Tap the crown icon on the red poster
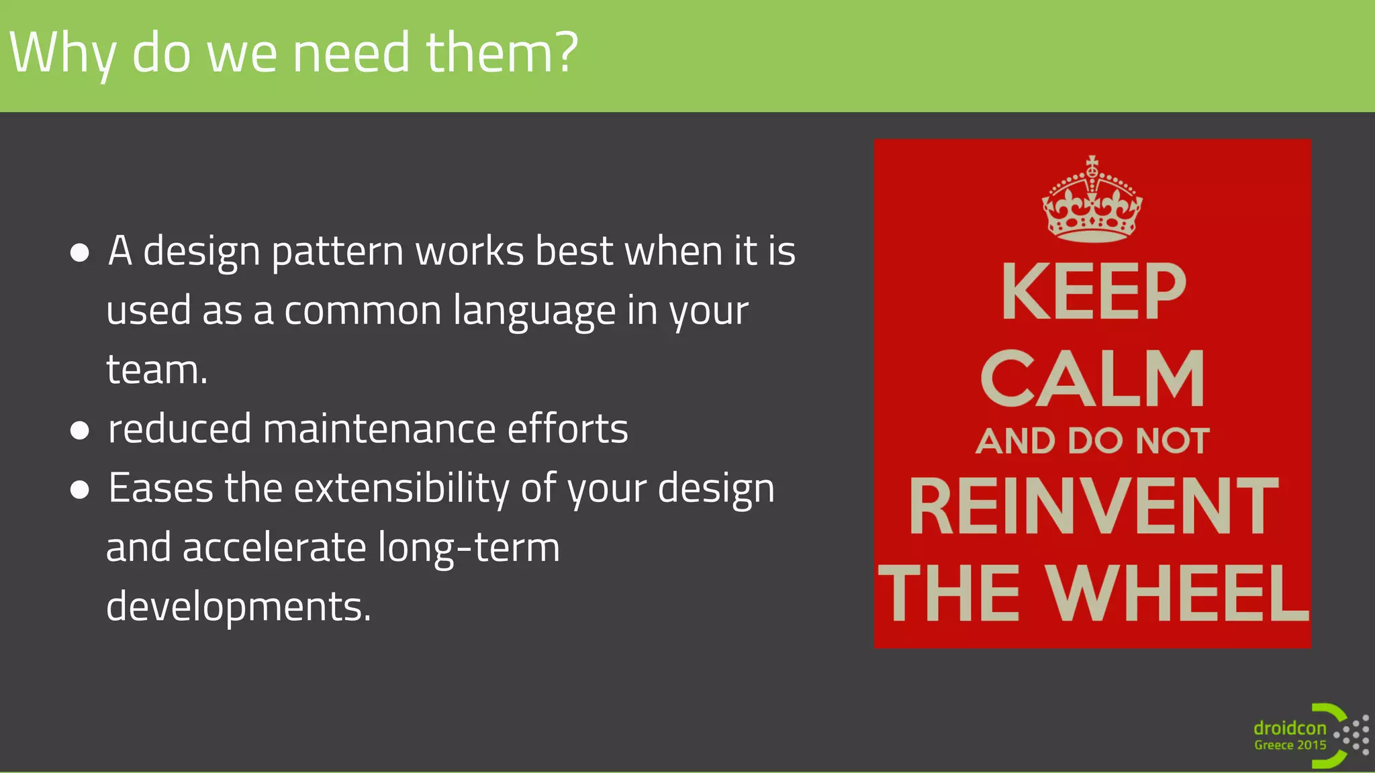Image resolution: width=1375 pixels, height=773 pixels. (x=1092, y=200)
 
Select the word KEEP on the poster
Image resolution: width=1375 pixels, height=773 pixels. (x=1094, y=292)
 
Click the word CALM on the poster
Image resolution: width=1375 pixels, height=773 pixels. (x=1093, y=379)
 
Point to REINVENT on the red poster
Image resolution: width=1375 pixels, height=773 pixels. (x=1093, y=507)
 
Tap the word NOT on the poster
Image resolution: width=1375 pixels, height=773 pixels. (x=1172, y=442)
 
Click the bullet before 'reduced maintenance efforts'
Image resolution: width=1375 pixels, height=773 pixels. (x=80, y=430)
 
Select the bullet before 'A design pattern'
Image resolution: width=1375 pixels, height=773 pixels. (x=80, y=253)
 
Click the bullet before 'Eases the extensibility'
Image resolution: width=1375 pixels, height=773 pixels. (x=80, y=490)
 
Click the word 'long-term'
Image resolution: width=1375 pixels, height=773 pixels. (x=469, y=548)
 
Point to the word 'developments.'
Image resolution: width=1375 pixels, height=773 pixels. (x=238, y=607)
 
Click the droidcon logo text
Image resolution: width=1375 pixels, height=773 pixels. (x=1290, y=728)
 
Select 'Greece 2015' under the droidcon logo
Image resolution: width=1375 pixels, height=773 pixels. (x=1290, y=745)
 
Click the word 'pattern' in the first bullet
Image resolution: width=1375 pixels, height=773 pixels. (x=337, y=252)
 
